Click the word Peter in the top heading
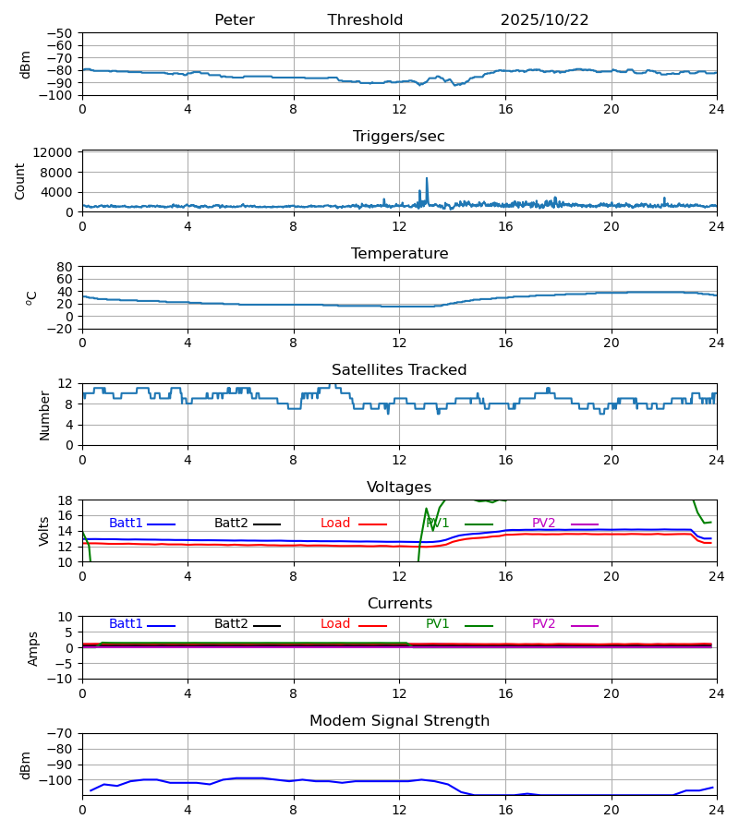(234, 20)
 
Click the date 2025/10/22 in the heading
(544, 20)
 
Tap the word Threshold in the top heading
(365, 20)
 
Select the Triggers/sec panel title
(398, 137)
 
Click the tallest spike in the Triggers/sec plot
(427, 179)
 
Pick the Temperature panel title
(399, 254)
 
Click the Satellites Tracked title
(399, 370)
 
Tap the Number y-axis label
(45, 415)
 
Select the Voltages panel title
(399, 488)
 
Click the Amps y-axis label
(34, 648)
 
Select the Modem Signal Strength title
(399, 721)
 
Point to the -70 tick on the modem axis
(64, 733)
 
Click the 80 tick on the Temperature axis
(65, 267)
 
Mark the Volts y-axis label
(45, 531)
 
